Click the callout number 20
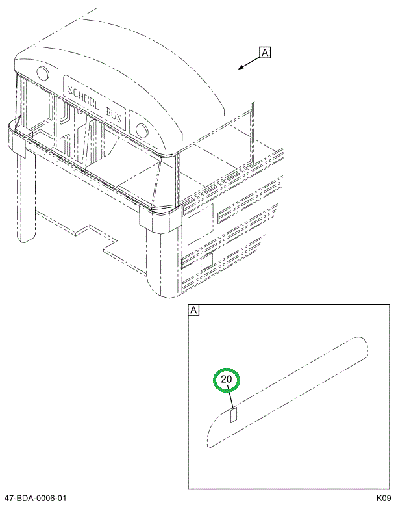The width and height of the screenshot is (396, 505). pos(226,380)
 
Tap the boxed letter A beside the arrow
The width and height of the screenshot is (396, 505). pos(265,53)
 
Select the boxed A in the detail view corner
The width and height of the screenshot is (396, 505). pos(193,310)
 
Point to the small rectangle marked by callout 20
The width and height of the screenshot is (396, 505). pos(234,415)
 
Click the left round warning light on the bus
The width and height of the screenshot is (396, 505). pos(43,73)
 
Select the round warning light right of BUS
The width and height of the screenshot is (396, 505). pos(142,130)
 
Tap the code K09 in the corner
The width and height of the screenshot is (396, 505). pos(384,499)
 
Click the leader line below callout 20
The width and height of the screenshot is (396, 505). pos(230,399)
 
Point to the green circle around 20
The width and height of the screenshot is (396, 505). pos(227,380)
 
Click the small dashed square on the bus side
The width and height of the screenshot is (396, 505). pos(207,261)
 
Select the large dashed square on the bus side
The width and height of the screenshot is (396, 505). pos(201,224)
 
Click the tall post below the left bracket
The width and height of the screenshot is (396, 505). pos(27,196)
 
